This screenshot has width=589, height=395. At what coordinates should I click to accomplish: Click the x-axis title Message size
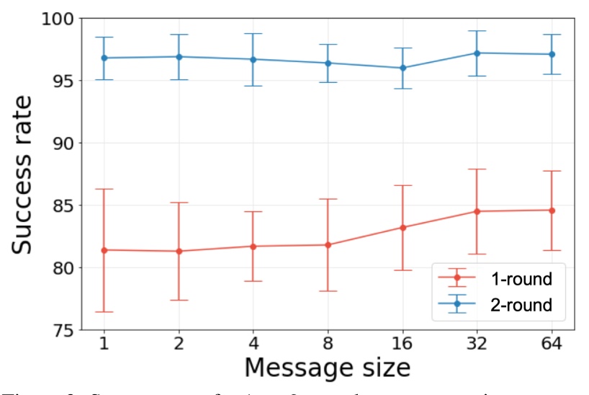click(327, 367)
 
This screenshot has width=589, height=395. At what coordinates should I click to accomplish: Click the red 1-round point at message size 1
click(104, 250)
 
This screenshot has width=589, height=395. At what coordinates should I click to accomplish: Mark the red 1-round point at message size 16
click(403, 228)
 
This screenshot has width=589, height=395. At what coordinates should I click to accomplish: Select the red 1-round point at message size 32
click(477, 211)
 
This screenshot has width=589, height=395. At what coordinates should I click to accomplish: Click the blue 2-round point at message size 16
click(403, 68)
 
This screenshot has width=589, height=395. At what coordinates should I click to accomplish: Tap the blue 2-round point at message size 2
click(179, 57)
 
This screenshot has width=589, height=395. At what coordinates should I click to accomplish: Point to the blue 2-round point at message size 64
click(552, 54)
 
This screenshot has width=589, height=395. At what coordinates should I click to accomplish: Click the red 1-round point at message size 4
click(253, 247)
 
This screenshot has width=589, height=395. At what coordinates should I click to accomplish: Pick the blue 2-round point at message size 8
click(328, 63)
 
